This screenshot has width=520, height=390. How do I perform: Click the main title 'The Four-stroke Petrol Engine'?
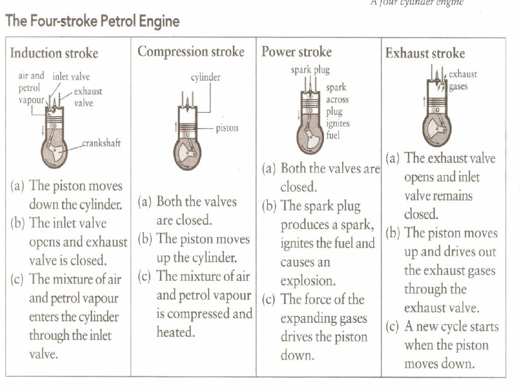pyautogui.click(x=92, y=22)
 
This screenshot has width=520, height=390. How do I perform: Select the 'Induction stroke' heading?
pyautogui.click(x=54, y=53)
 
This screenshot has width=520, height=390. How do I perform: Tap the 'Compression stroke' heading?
pyautogui.click(x=191, y=52)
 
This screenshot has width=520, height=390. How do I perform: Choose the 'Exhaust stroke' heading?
pyautogui.click(x=425, y=53)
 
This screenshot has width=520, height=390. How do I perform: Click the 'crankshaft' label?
pyautogui.click(x=102, y=144)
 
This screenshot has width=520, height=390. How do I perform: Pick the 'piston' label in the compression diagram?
pyautogui.click(x=226, y=128)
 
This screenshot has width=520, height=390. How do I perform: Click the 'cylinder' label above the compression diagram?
pyautogui.click(x=205, y=78)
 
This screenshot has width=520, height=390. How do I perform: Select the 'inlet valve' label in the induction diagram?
pyautogui.click(x=71, y=77)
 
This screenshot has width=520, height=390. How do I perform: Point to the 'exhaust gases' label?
pyautogui.click(x=462, y=80)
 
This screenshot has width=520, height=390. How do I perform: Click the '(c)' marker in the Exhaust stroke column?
pyautogui.click(x=393, y=327)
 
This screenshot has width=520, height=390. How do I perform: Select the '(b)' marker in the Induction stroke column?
pyautogui.click(x=19, y=223)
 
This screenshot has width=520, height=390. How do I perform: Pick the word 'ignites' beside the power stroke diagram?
pyautogui.click(x=338, y=123)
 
